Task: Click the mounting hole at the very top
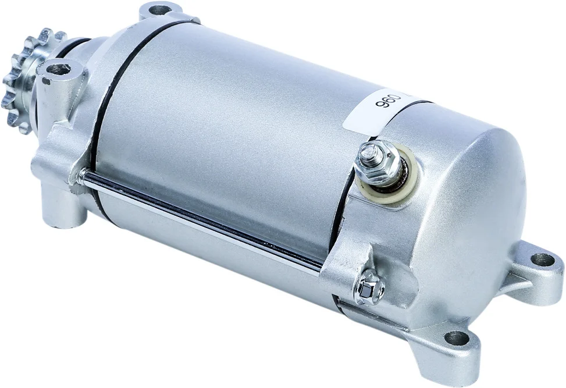coord(158,10)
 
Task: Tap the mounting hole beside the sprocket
coord(59,69)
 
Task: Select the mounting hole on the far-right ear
coord(542,259)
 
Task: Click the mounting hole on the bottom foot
coord(456,337)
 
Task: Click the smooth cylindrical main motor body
coord(233,134)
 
